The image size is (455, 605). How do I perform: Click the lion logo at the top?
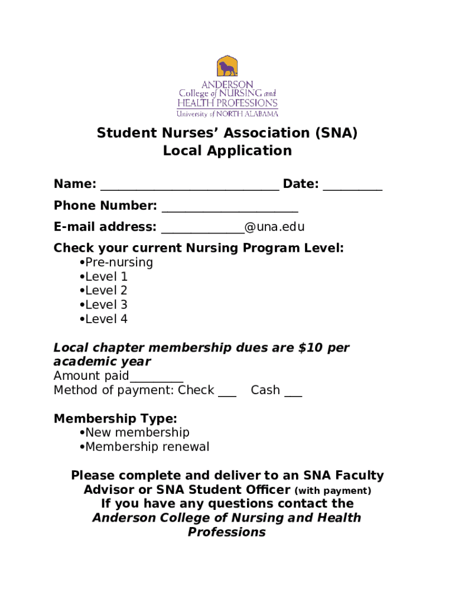(226, 67)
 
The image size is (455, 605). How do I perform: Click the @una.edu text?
(275, 227)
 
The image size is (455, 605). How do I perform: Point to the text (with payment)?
(333, 490)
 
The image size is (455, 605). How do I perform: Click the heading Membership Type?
(115, 419)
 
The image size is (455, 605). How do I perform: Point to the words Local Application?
(227, 151)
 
